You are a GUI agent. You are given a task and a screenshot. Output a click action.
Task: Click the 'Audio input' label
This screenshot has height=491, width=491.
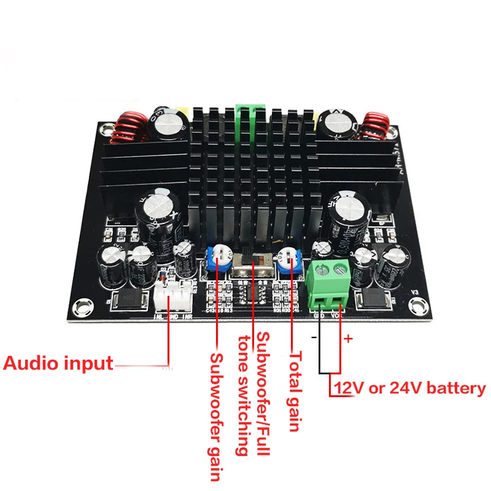coord(58,363)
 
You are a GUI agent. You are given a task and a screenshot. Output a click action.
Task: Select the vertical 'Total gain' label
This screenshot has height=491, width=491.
coord(296,390)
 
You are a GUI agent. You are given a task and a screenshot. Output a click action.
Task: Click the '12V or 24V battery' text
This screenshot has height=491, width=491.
coord(409,388)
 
